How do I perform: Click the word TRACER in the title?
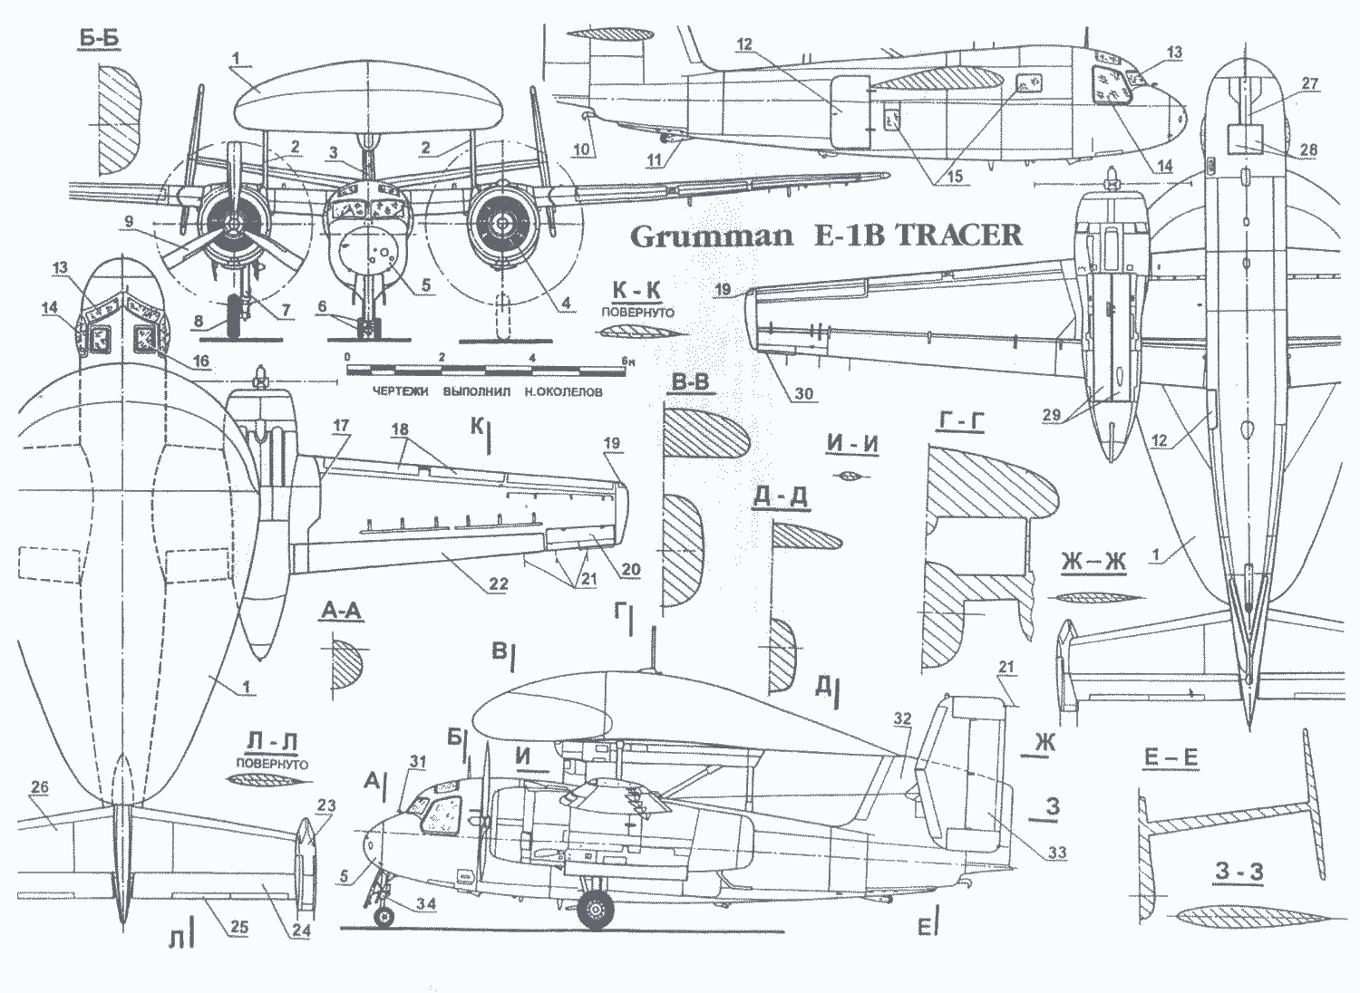click(958, 235)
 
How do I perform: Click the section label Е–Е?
click(1171, 757)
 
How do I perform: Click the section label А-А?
click(340, 612)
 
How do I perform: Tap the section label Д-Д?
click(780, 497)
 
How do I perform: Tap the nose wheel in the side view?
click(384, 918)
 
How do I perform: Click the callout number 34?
click(425, 903)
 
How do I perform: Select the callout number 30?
click(803, 393)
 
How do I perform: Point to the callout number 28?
click(1307, 149)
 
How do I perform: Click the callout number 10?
click(580, 149)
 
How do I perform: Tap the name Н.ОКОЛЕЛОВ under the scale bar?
click(559, 391)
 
